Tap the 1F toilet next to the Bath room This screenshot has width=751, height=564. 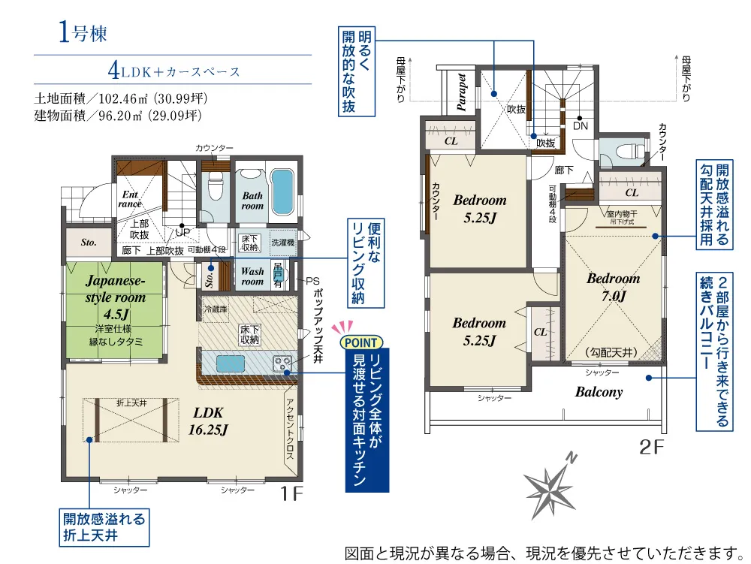(215, 185)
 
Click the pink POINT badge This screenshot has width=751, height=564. (361, 342)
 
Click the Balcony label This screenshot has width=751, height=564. (599, 392)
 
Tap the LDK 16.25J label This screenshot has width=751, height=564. (208, 421)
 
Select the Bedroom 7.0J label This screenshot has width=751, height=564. (614, 287)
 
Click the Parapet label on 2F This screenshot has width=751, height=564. (462, 92)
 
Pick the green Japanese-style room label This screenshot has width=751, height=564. (116, 297)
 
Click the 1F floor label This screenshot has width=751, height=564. (291, 493)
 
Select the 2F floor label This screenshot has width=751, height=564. (652, 447)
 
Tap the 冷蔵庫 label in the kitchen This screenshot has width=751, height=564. (216, 309)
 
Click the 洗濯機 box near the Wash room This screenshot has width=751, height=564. (282, 243)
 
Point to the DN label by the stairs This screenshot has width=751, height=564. (581, 126)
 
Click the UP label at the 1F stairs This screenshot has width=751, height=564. (182, 233)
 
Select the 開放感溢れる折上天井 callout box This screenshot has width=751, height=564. (104, 527)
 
